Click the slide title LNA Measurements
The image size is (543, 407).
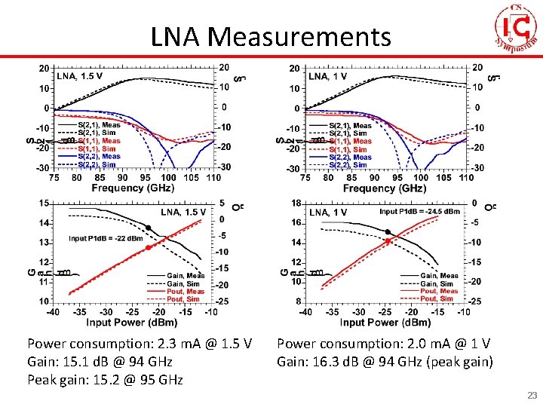271,35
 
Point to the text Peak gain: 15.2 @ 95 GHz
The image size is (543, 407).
105,379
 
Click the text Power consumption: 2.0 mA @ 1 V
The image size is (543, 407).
383,344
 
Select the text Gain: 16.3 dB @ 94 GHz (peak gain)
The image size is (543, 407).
385,361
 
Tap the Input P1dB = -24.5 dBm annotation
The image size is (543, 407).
419,212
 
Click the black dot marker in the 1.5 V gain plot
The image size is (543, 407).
149,228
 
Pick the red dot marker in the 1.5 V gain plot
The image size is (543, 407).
148,247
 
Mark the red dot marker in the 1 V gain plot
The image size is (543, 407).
388,240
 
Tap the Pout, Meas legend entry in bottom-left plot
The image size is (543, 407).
185,291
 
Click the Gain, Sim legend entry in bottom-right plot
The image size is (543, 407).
438,283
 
